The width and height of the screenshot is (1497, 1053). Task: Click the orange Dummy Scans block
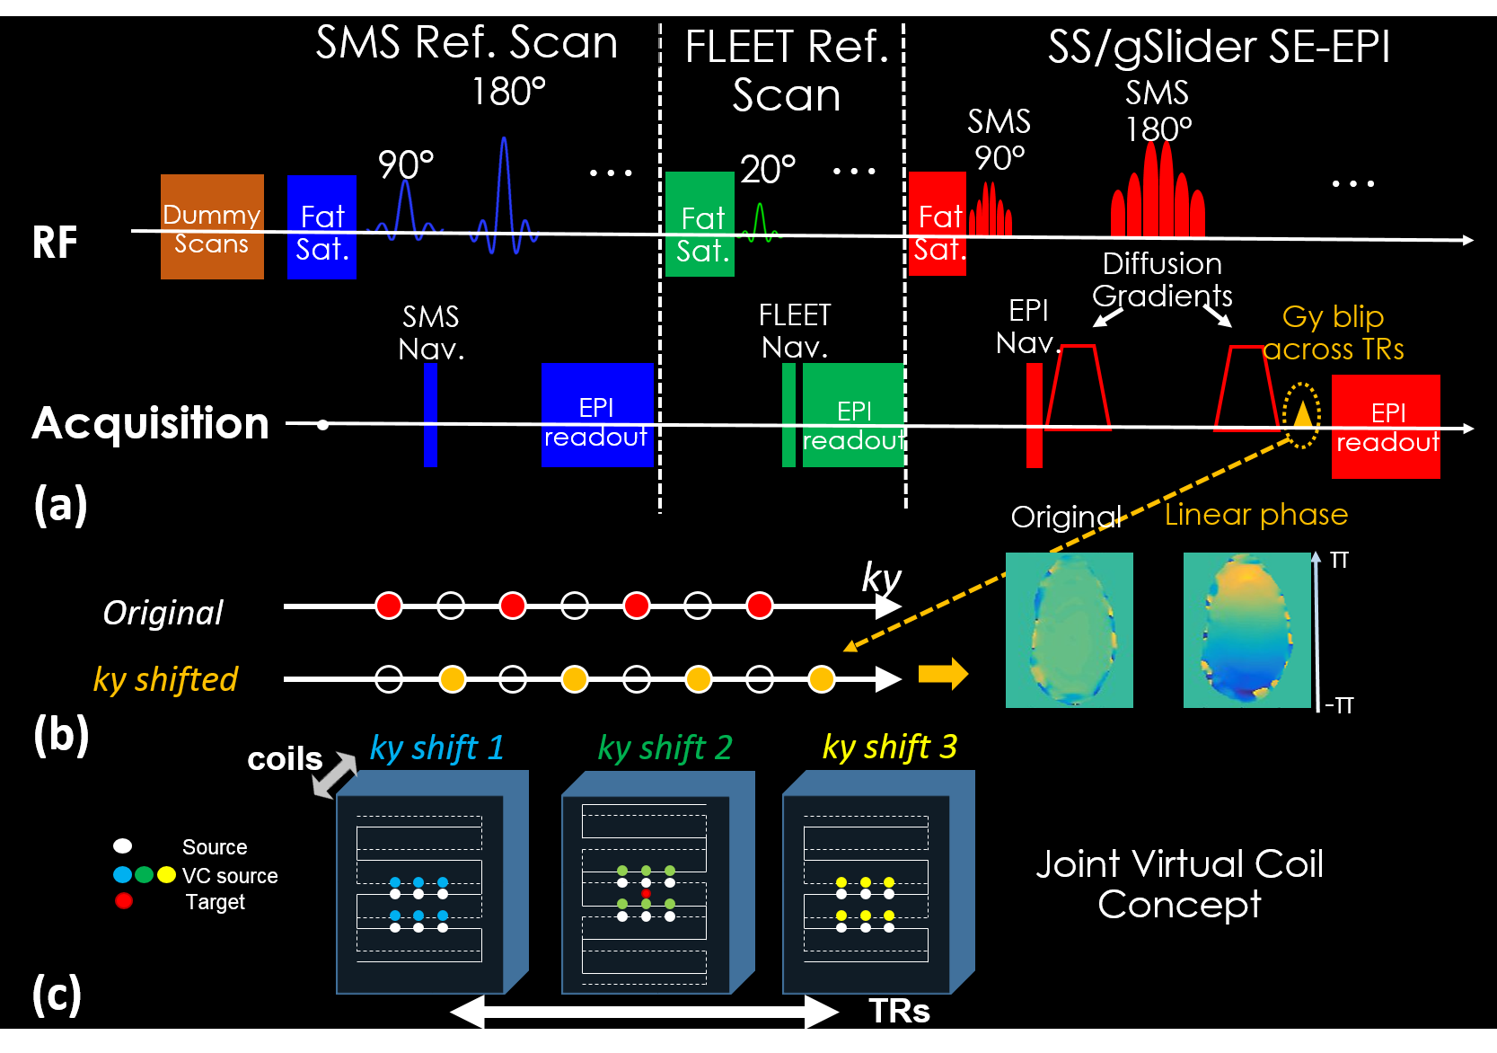212,226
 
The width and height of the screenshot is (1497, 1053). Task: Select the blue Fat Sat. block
321,226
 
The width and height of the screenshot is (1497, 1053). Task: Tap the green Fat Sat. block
700,224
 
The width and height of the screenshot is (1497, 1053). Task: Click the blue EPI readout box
597,415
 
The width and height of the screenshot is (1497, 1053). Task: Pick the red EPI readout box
1386,427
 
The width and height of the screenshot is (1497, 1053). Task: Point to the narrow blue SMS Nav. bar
430,415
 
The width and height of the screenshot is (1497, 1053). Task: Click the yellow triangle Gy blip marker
1302,414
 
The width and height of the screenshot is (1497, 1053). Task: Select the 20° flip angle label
768,169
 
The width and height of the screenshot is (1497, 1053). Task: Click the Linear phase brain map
1247,630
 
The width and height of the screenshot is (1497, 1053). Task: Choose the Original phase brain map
1070,630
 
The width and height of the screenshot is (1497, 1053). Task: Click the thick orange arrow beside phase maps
943,674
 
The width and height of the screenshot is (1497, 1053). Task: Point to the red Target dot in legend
124,900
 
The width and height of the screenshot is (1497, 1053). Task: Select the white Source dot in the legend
123,845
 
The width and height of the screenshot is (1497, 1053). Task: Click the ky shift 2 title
665,748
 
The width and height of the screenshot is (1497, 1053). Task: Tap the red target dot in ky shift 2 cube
646,893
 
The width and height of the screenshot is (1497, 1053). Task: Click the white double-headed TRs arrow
644,1012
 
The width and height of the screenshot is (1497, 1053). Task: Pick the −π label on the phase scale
1339,704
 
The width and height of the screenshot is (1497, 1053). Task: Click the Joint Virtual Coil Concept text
1180,884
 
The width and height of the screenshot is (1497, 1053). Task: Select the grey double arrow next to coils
336,774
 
